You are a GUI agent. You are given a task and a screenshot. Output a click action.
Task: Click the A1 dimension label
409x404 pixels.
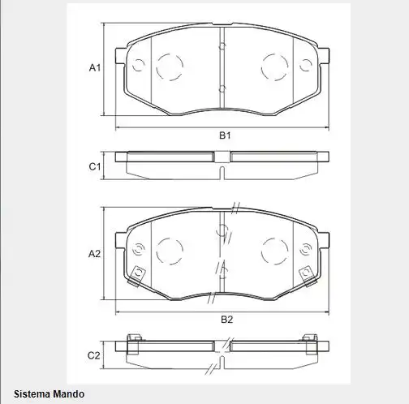click(94, 68)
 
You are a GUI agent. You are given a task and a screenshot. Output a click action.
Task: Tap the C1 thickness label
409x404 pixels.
click(94, 166)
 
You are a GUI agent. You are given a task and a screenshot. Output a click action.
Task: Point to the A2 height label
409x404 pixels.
click(94, 254)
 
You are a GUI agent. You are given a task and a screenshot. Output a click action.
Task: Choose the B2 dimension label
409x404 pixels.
click(227, 319)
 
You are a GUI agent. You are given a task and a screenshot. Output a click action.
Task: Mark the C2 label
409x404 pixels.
click(94, 355)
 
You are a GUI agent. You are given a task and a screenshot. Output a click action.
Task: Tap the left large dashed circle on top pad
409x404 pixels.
click(170, 67)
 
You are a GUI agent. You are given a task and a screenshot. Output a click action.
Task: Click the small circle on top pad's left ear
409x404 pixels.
click(137, 65)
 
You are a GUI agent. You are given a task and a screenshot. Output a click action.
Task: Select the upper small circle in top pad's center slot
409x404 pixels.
click(222, 46)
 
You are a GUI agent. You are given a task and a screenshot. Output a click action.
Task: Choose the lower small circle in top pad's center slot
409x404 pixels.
click(222, 87)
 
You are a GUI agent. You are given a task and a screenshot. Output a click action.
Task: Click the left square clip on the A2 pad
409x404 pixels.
click(137, 273)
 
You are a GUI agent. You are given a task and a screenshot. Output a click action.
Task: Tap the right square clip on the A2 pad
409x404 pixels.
click(307, 273)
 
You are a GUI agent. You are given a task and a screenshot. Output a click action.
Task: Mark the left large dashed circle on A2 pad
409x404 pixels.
click(170, 250)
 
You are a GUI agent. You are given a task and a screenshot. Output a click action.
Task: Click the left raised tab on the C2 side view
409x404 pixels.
click(136, 338)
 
